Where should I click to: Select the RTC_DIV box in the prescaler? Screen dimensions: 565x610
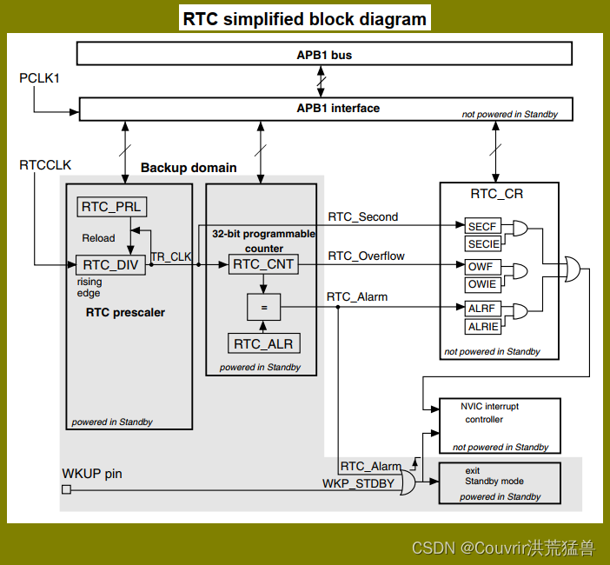[x=110, y=265]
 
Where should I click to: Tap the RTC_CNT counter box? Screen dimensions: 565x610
[x=263, y=264]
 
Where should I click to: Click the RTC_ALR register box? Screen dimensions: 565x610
[x=263, y=343]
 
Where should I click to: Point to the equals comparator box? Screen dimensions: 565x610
[x=263, y=305]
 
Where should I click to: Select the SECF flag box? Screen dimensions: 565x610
[x=483, y=227]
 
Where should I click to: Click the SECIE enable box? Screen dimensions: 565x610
[x=483, y=244]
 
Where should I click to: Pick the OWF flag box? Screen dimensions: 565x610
[x=483, y=267]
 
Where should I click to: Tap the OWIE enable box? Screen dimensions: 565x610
[x=483, y=284]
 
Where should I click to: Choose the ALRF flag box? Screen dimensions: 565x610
[x=483, y=308]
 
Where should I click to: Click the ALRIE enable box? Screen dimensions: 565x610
[x=483, y=326]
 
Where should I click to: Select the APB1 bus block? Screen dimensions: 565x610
[x=324, y=54]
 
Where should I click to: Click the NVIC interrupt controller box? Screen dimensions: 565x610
[x=500, y=425]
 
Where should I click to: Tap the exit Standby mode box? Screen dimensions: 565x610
[x=500, y=482]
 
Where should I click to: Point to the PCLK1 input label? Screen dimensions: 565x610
[x=39, y=79]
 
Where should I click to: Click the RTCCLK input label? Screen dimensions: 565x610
[x=45, y=164]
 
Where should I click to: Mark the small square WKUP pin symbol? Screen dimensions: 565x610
[x=66, y=489]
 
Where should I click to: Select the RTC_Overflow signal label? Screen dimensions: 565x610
[x=366, y=256]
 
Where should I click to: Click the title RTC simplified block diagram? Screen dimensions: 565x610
[x=304, y=18]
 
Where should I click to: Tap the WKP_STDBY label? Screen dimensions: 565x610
[x=359, y=483]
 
